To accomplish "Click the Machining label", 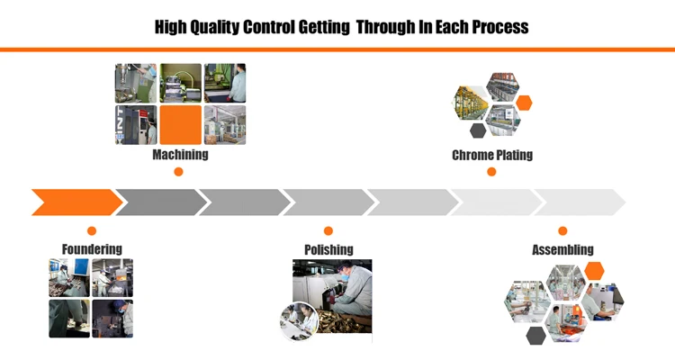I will [x=180, y=154].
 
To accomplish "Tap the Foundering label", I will [x=92, y=248].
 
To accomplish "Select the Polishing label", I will [x=328, y=248].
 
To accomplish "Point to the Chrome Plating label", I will [x=491, y=155].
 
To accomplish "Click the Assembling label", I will [x=562, y=249].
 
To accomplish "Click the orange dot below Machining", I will [x=178, y=172].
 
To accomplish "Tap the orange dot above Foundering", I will [x=92, y=231].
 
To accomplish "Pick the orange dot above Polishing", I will [x=328, y=231].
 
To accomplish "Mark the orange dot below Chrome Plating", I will [x=491, y=172].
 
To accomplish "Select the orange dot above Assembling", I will [x=562, y=231].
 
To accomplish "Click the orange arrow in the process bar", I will [x=74, y=202].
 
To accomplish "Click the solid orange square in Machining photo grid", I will [x=180, y=125].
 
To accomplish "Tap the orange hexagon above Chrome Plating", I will [x=524, y=103].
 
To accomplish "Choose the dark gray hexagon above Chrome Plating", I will [x=478, y=130].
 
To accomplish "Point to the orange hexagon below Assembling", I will [x=594, y=271].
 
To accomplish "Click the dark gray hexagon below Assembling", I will [x=535, y=336].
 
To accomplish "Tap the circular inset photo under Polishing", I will [x=299, y=322].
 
